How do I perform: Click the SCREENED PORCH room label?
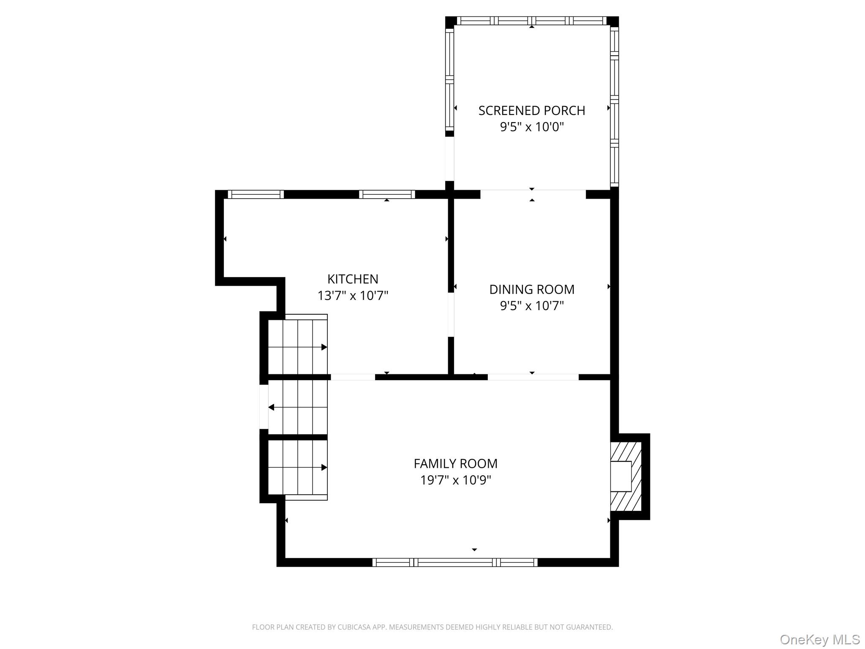tap(532, 111)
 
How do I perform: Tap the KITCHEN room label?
tap(353, 279)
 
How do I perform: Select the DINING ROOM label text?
tap(532, 289)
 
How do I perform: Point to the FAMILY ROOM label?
tap(455, 464)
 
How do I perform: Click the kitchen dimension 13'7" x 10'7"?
tap(353, 295)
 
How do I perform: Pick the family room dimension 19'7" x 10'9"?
tap(455, 480)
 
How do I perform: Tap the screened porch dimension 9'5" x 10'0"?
tap(532, 127)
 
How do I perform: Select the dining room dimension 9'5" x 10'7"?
tap(532, 305)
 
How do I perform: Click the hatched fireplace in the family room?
tap(626, 476)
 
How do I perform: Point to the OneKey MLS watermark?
tap(819, 639)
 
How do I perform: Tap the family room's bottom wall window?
tap(455, 562)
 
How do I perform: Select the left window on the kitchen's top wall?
tap(256, 194)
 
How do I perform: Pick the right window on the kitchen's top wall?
tap(387, 194)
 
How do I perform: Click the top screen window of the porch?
tap(532, 21)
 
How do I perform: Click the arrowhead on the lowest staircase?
tap(324, 467)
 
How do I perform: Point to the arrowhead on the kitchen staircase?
tap(324, 347)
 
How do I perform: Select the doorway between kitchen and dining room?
tap(451, 315)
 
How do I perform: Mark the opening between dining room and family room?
tap(533, 377)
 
